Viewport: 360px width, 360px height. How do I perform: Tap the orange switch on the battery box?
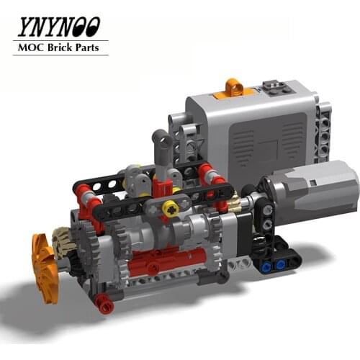click(x=233, y=89)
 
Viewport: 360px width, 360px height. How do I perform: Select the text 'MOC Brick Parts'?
click(x=60, y=48)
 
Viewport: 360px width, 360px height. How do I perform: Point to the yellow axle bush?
click(x=171, y=208)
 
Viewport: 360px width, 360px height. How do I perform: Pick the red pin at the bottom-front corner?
click(x=106, y=305)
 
